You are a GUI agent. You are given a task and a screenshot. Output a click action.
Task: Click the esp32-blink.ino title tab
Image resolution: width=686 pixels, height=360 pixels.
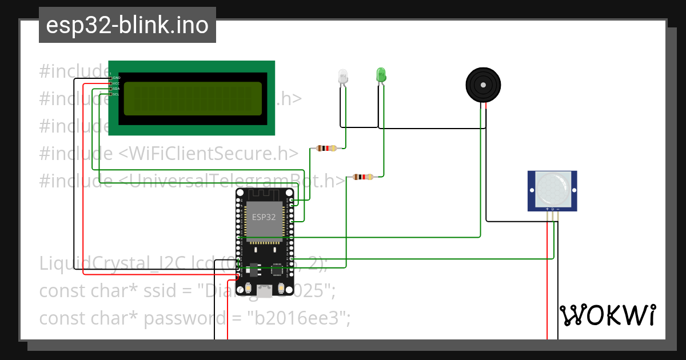(127, 25)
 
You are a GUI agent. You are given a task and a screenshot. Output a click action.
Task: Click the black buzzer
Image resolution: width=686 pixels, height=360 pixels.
(484, 85)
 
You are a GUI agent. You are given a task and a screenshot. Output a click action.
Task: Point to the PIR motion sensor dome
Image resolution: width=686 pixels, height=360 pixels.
(552, 187)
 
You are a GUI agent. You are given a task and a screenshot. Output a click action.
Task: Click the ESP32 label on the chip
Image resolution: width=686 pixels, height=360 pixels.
(264, 217)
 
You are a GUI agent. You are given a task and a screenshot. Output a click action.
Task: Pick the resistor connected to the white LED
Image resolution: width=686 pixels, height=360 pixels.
(326, 149)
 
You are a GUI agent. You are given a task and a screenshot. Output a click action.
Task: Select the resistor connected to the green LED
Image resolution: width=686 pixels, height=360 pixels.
(363, 177)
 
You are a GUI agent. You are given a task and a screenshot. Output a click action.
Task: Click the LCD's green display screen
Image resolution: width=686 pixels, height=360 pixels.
(193, 98)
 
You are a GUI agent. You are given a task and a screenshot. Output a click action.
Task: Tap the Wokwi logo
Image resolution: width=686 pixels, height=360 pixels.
(607, 315)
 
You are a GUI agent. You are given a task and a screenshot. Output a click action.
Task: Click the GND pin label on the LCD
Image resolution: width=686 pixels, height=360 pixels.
(116, 78)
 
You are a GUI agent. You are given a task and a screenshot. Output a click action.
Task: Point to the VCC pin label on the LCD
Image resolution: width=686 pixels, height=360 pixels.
(116, 83)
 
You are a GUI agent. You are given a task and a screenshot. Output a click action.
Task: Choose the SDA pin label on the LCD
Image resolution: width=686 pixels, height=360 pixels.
(116, 89)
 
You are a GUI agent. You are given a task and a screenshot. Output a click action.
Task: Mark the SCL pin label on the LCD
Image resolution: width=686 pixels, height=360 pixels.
(116, 95)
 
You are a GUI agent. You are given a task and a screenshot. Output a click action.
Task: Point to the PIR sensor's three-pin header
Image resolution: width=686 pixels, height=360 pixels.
(552, 209)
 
